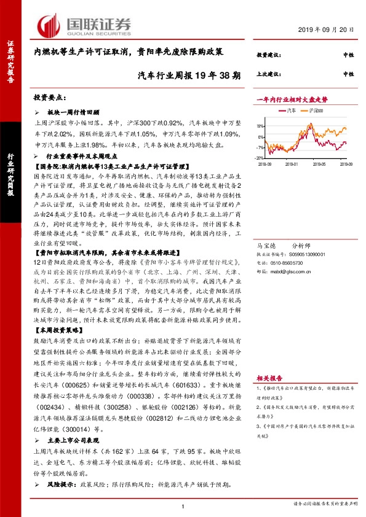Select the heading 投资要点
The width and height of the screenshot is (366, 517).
tap(50, 98)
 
